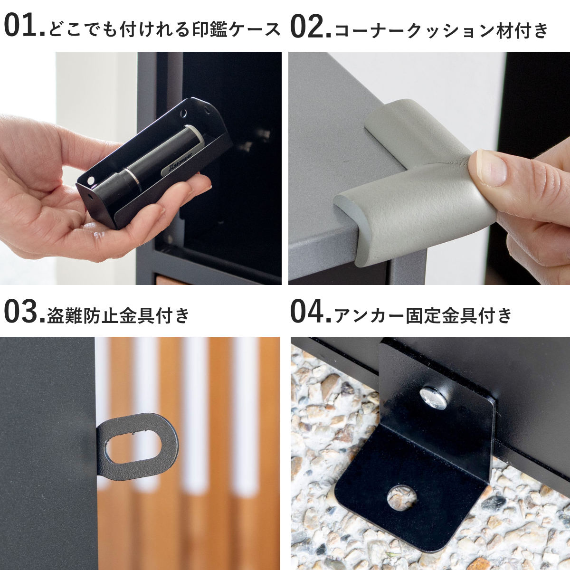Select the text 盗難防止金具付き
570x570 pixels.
pyautogui.click(x=118, y=315)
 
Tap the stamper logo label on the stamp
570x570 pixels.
pyautogui.click(x=178, y=165)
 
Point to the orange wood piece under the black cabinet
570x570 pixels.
pyautogui.click(x=171, y=280)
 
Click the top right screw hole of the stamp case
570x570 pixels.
pyautogui.click(x=184, y=113)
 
